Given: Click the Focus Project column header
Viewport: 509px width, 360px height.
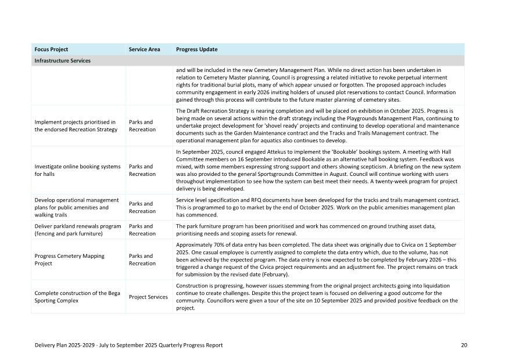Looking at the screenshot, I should click(x=51, y=49).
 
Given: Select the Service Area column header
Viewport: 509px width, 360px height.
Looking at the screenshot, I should click(x=144, y=49).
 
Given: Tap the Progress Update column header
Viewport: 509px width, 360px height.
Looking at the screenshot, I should click(x=196, y=49).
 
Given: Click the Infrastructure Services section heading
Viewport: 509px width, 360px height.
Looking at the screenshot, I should click(x=62, y=60).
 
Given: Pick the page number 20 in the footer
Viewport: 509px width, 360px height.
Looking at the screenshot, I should click(x=464, y=345).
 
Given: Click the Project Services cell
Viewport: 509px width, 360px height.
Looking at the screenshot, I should click(x=148, y=297).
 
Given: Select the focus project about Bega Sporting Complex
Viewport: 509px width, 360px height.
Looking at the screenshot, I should click(x=77, y=297).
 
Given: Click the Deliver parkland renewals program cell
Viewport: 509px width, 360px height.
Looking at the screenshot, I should click(x=77, y=229).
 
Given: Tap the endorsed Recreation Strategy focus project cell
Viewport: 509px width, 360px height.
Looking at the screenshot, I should click(x=75, y=125).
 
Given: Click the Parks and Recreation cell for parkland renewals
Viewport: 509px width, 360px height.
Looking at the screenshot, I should click(x=142, y=229).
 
